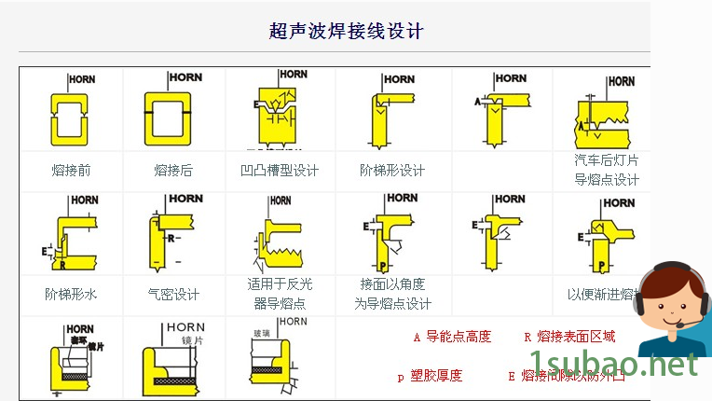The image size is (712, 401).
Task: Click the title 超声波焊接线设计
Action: (346, 32)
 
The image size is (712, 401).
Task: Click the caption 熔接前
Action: (71, 171)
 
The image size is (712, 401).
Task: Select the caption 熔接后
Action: (173, 171)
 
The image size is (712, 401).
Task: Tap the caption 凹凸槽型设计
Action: (280, 171)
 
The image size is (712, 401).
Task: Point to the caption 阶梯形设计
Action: (391, 171)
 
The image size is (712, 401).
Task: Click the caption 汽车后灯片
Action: (607, 160)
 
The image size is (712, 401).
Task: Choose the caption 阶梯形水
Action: (71, 294)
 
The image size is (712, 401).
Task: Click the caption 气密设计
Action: (173, 294)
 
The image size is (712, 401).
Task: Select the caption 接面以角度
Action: (392, 284)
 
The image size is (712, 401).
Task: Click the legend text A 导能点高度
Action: (452, 337)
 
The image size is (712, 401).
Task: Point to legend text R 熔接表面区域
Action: (569, 337)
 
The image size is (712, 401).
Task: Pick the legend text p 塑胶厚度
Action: (430, 376)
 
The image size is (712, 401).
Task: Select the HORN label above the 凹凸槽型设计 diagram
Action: (293, 75)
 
